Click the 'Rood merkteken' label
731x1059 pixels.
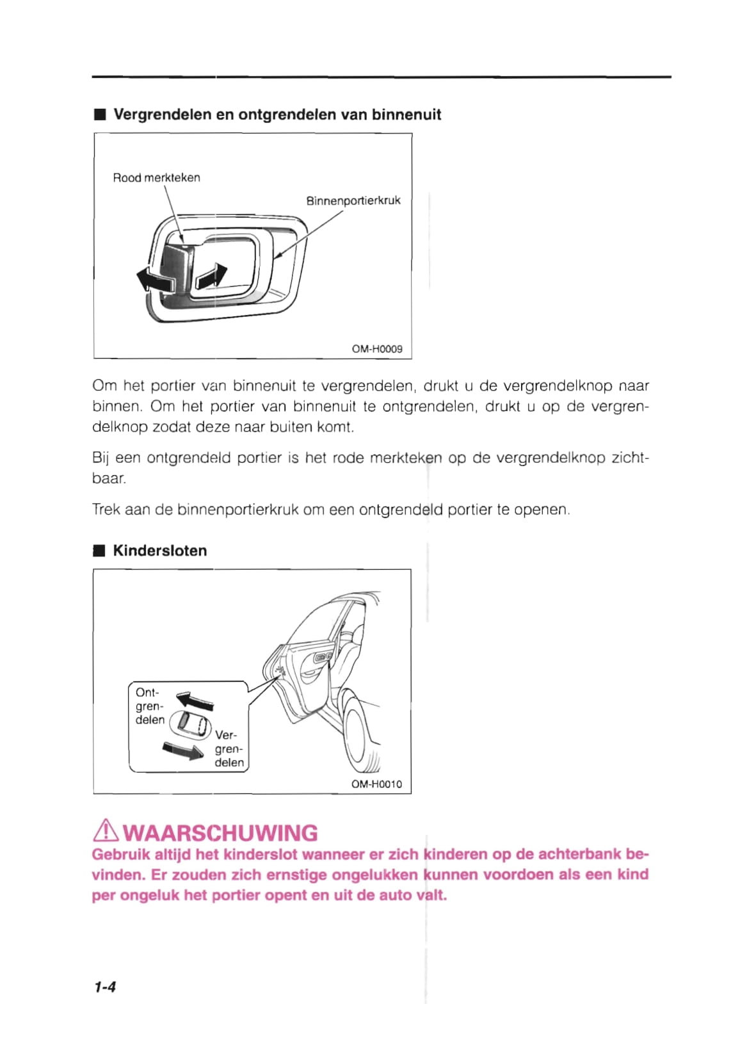tap(156, 178)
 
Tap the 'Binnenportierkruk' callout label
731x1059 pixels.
tap(353, 200)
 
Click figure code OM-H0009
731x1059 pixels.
tap(377, 349)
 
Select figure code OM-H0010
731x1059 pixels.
tap(376, 784)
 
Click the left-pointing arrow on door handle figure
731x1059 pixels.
tap(154, 280)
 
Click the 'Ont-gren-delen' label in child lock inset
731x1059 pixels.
tap(149, 706)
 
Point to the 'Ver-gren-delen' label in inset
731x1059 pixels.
tap(229, 749)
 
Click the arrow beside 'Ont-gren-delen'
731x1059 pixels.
tap(195, 701)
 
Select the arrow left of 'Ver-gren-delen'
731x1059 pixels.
tap(183, 750)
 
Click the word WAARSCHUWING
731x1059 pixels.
tap(220, 833)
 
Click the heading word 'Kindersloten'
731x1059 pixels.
tap(160, 551)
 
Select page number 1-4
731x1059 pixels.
tap(105, 987)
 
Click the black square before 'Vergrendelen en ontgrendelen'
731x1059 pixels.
tap(99, 115)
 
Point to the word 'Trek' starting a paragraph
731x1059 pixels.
tap(106, 510)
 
